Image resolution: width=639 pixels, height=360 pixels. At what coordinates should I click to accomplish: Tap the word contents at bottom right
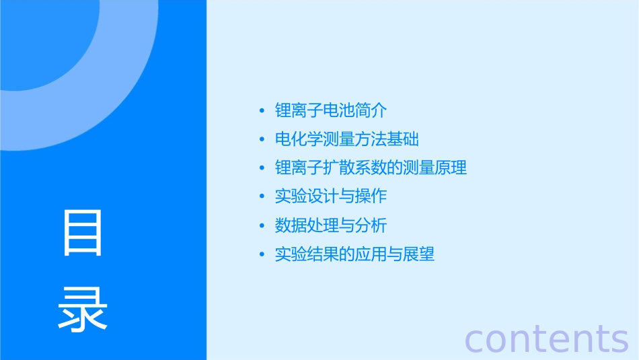tap(546, 338)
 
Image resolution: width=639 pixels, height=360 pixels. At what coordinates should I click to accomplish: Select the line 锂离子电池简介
tap(331, 110)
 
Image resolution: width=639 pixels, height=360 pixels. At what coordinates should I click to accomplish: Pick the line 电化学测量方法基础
tap(347, 139)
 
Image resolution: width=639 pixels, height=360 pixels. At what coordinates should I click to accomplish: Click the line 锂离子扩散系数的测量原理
tap(371, 168)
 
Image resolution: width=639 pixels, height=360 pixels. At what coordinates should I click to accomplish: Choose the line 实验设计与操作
tap(331, 196)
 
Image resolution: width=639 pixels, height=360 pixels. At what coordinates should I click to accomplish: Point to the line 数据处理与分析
tap(331, 225)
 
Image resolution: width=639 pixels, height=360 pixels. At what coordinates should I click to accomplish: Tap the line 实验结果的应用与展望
tap(354, 254)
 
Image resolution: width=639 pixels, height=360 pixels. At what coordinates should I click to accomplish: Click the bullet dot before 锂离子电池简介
tap(262, 111)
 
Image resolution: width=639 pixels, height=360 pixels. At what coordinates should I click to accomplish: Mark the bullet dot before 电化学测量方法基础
tap(262, 140)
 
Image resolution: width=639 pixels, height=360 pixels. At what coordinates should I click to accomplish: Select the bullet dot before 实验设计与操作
tap(262, 197)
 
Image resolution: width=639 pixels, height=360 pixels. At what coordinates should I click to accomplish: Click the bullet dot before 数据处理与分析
tap(262, 226)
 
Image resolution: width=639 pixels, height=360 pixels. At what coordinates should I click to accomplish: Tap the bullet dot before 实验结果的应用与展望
tap(262, 255)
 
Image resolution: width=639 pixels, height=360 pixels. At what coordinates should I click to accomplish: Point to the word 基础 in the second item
tap(403, 139)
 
